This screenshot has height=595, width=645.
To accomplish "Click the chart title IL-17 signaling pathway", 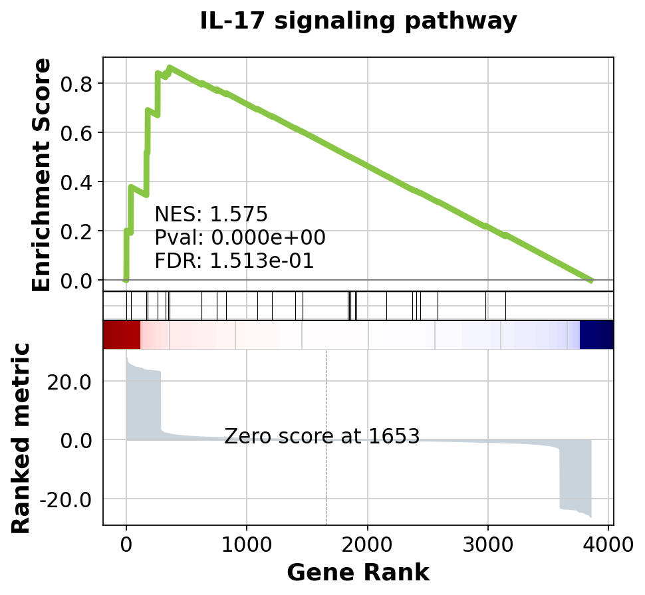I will click(x=358, y=21).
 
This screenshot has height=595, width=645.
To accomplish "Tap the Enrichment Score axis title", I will click(x=41, y=174).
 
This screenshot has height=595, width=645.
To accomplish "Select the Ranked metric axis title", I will click(x=21, y=437).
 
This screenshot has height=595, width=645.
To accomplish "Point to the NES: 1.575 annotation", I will click(x=211, y=214).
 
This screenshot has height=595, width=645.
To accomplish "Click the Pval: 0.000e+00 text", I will click(x=239, y=237).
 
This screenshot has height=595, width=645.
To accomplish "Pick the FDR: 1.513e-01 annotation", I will click(x=234, y=261).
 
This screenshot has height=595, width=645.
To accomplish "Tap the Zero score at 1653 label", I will click(x=322, y=437).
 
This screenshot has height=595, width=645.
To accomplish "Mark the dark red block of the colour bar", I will click(x=122, y=334).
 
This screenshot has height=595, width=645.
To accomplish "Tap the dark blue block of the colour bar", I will click(x=596, y=334).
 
